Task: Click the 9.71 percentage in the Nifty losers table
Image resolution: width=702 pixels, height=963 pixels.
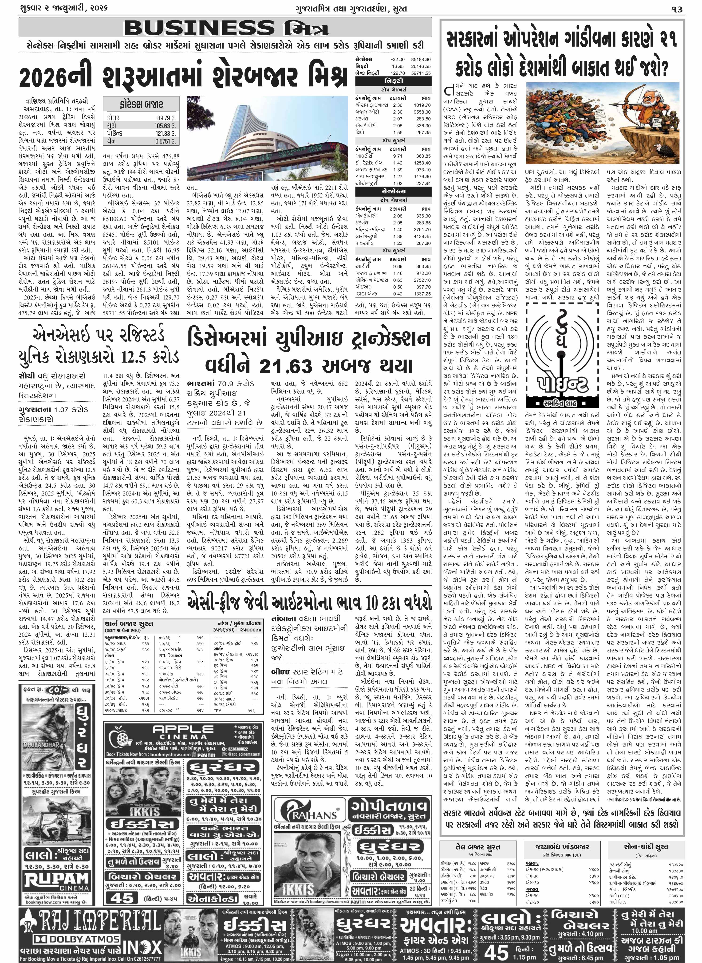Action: tap(397, 156)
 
